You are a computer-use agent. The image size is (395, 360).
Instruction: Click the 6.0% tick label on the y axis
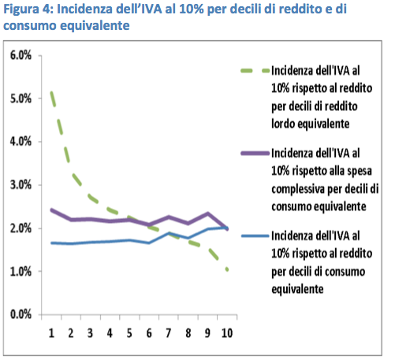click(x=20, y=55)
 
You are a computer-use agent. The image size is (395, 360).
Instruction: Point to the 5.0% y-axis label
click(x=20, y=98)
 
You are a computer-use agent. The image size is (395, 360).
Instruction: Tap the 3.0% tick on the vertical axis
click(x=20, y=185)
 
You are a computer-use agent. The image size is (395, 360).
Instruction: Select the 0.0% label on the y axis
click(x=20, y=314)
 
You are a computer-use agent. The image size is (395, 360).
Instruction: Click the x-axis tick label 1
click(x=51, y=333)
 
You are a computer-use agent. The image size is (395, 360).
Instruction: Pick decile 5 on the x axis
click(x=129, y=333)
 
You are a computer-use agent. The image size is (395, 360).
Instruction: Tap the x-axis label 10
click(x=227, y=333)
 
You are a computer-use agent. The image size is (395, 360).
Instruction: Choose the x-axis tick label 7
click(x=169, y=333)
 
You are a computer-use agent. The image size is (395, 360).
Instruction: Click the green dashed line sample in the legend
click(x=255, y=71)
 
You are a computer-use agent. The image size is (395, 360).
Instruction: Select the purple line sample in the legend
click(x=255, y=153)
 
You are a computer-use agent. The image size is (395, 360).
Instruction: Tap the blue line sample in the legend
click(x=255, y=236)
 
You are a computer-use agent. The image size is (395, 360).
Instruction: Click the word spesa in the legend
click(x=360, y=172)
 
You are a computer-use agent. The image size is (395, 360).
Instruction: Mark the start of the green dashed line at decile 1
click(x=51, y=92)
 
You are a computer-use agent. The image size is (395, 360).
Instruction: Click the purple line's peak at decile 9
click(x=207, y=213)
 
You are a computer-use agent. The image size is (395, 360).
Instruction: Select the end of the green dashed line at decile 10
click(x=227, y=269)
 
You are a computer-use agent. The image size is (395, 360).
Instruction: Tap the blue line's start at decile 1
click(x=51, y=243)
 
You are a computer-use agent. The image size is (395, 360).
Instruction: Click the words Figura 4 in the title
click(x=28, y=9)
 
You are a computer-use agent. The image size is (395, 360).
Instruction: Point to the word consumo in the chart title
click(x=30, y=25)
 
